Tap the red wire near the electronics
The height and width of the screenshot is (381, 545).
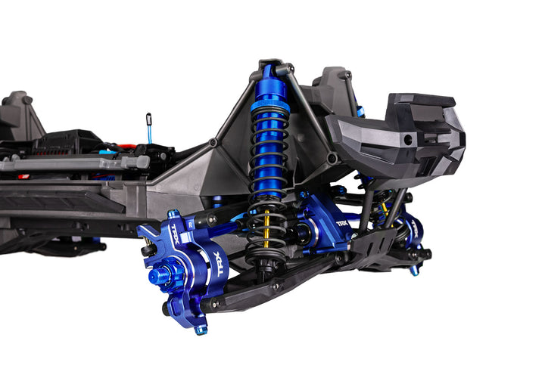125,147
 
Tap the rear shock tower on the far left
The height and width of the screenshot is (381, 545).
19,117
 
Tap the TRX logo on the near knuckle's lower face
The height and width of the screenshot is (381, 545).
214,265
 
